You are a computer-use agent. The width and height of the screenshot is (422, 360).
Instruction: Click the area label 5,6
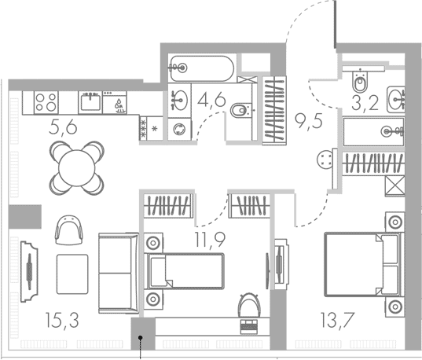point(63,127)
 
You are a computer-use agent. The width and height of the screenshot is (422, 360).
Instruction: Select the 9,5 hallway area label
point(308,121)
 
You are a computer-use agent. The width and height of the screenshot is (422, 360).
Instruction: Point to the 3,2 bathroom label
point(365,103)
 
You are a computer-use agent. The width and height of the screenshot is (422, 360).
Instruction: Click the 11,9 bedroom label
point(210,240)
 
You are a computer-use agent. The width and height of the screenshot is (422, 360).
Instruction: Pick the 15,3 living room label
point(62,321)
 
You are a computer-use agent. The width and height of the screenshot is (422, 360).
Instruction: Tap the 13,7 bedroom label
point(337,320)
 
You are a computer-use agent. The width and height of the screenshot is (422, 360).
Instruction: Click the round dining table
point(77,168)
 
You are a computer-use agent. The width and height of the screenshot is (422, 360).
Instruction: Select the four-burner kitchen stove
point(46,102)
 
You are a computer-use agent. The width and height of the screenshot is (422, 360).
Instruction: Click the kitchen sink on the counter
point(90,102)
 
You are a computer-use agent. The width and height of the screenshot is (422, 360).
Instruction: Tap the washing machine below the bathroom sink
point(179,129)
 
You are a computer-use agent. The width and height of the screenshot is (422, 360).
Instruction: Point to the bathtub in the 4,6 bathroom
point(202,68)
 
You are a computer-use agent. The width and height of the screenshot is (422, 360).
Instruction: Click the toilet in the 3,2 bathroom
point(360,81)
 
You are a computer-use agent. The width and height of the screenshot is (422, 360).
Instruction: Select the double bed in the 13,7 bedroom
point(365,265)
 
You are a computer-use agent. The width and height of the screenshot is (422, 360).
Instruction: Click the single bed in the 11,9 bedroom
point(184,271)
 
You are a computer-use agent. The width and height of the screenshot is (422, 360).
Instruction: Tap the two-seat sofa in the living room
point(119,273)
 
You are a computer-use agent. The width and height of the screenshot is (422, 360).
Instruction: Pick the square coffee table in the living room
point(72,274)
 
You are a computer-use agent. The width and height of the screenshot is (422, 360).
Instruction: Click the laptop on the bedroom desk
point(249,327)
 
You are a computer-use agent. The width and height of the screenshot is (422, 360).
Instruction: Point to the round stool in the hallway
point(325,160)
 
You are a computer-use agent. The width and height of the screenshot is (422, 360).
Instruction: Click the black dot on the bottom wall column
point(140,337)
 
